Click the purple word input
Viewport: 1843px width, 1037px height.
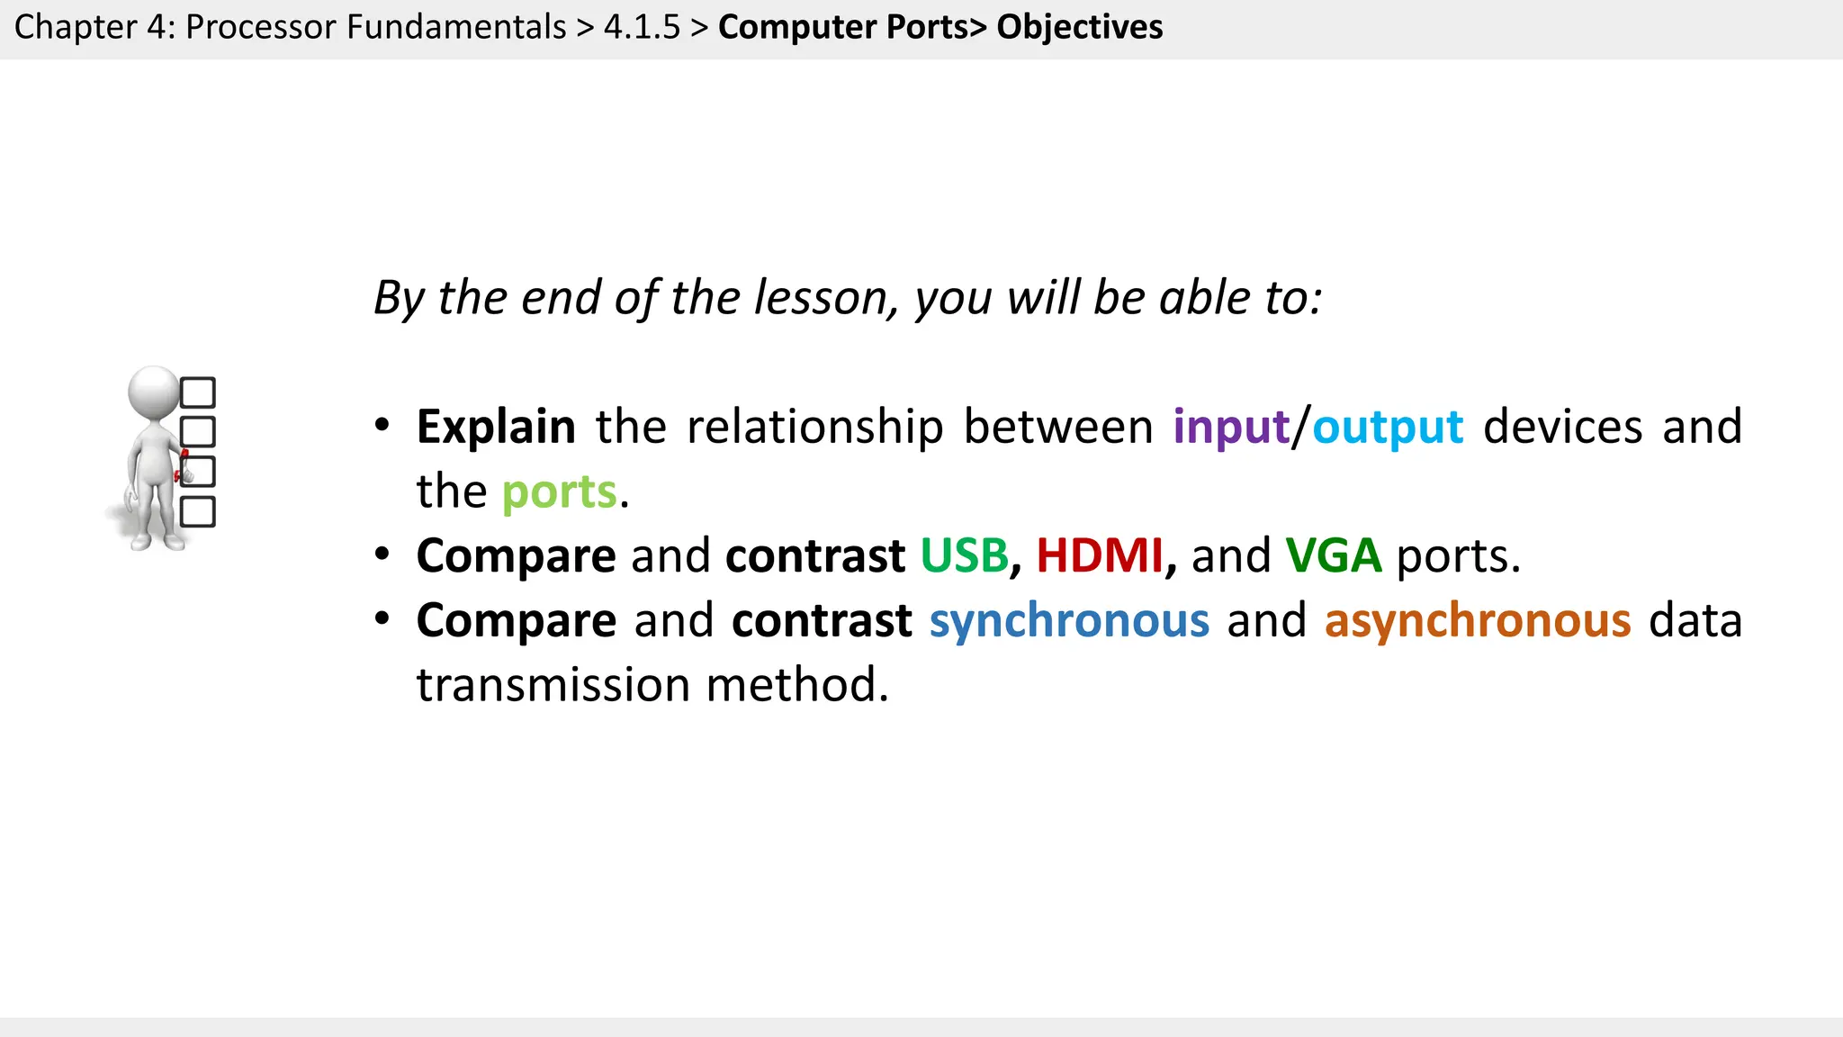coord(1231,428)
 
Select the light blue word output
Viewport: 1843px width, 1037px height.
coord(1388,428)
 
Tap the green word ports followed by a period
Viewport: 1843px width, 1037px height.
coord(559,492)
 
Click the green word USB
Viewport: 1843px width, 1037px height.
coord(964,556)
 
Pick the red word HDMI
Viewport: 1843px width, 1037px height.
coord(1100,556)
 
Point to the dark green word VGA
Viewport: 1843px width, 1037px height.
coord(1333,556)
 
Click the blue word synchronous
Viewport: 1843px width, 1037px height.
coord(1069,621)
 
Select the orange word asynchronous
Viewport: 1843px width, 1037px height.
coord(1478,621)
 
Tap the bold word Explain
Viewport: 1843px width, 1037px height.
coord(496,428)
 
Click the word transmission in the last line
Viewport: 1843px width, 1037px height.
coord(553,685)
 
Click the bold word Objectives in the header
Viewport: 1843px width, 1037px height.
coord(1079,27)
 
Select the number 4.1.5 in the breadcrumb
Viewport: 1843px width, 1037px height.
coord(642,27)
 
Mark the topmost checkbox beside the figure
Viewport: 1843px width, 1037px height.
coord(198,392)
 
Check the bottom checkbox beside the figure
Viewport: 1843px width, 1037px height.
coord(198,511)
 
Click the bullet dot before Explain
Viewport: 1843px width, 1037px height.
coord(382,425)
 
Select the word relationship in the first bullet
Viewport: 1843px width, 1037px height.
coord(814,428)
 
